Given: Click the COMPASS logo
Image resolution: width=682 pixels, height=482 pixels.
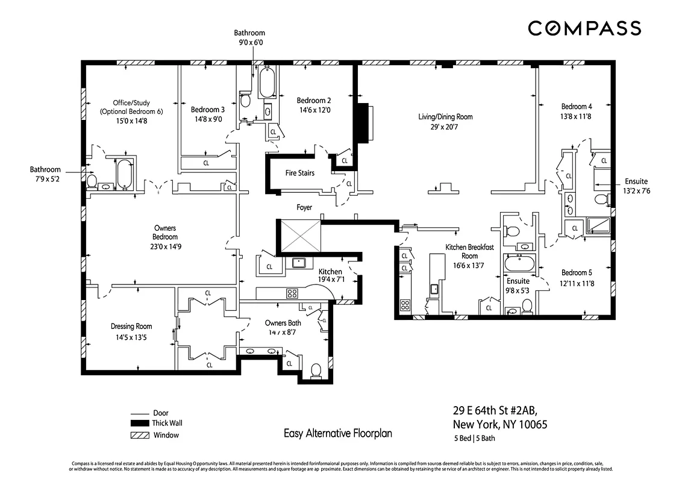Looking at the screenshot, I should coord(584,28).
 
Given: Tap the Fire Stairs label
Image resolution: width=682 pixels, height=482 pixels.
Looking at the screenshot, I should coord(299,173).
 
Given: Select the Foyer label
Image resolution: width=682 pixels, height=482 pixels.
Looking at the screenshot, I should coord(304,207).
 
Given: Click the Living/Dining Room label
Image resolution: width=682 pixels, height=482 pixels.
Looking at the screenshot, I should coord(445,117).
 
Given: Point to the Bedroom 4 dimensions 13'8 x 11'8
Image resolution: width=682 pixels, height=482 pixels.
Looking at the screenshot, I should coord(576,116).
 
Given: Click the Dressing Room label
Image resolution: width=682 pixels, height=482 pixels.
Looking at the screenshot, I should coord(131,327).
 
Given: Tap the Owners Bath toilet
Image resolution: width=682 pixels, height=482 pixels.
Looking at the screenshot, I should coord(316,370).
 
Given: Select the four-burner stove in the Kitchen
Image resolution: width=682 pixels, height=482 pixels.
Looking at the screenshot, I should coord(292,293).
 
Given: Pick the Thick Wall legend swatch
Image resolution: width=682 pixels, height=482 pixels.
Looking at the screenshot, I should coord(139,424).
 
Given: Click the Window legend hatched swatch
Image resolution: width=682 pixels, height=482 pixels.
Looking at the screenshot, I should coord(139,435).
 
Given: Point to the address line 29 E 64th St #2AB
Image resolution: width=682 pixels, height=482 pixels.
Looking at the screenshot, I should coord(493,412).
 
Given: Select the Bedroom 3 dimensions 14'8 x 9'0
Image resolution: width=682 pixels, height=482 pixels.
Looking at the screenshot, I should coord(208,119).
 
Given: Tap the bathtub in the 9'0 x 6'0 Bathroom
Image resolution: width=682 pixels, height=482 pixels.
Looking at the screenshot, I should coord(267,83).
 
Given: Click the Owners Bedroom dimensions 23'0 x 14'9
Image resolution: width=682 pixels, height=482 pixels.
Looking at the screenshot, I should coord(164,246).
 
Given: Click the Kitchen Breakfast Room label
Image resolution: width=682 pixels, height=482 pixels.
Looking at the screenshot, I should coord(469,251).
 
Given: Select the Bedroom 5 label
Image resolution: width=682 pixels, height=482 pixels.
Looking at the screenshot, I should coord(577,272).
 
